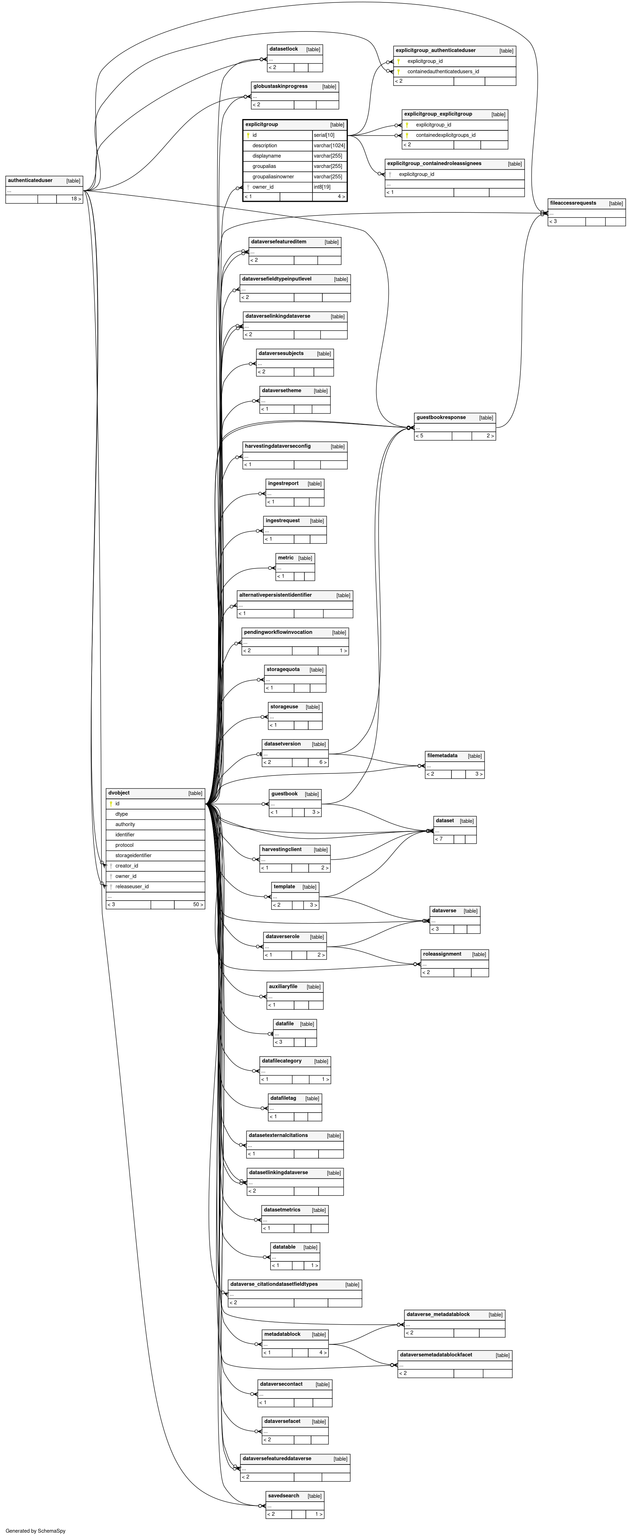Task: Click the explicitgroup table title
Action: click(262, 124)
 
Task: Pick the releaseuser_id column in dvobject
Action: click(132, 886)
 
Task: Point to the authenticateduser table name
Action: click(30, 180)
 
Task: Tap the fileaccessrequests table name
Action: click(572, 203)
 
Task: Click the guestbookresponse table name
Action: click(441, 417)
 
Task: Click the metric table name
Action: click(286, 558)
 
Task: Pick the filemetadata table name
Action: click(442, 755)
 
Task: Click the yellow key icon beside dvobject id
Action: click(111, 804)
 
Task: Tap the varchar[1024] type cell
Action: click(329, 146)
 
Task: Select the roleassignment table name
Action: click(442, 954)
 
